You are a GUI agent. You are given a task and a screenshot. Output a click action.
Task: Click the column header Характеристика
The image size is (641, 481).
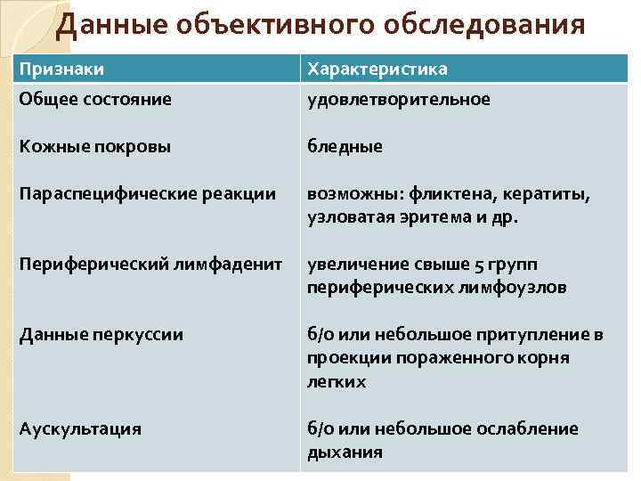coord(377,69)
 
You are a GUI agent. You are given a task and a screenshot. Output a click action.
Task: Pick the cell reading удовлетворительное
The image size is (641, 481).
coord(399,98)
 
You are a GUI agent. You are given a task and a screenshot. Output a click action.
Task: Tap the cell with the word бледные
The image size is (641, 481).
coord(345,146)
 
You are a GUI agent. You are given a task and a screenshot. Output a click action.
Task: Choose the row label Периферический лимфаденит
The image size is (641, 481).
coord(150,265)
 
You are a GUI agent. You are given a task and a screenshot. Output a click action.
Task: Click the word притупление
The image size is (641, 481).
coord(533,335)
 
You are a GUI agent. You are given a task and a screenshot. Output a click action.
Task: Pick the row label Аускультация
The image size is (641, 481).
coord(80,428)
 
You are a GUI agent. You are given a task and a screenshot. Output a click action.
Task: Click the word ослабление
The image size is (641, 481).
coord(530,428)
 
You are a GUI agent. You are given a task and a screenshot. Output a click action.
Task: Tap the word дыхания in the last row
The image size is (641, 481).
coord(345,452)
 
